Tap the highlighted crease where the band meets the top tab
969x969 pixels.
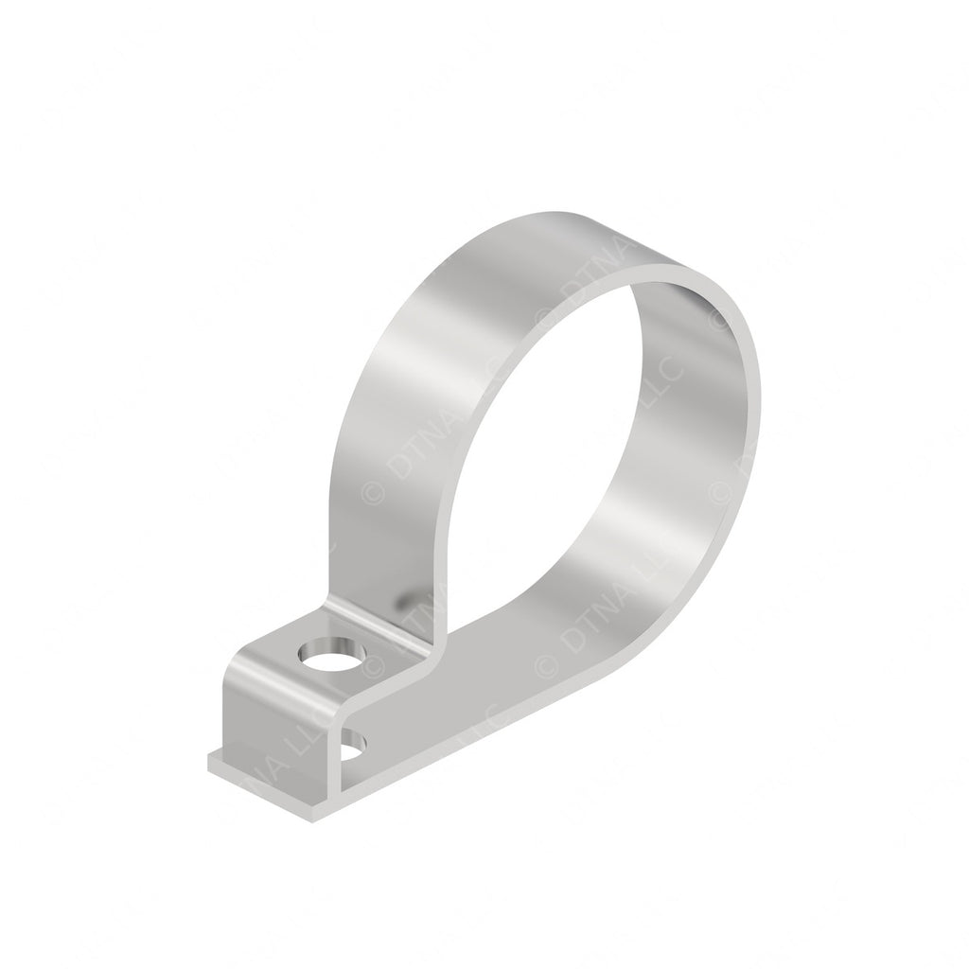click(x=379, y=632)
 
